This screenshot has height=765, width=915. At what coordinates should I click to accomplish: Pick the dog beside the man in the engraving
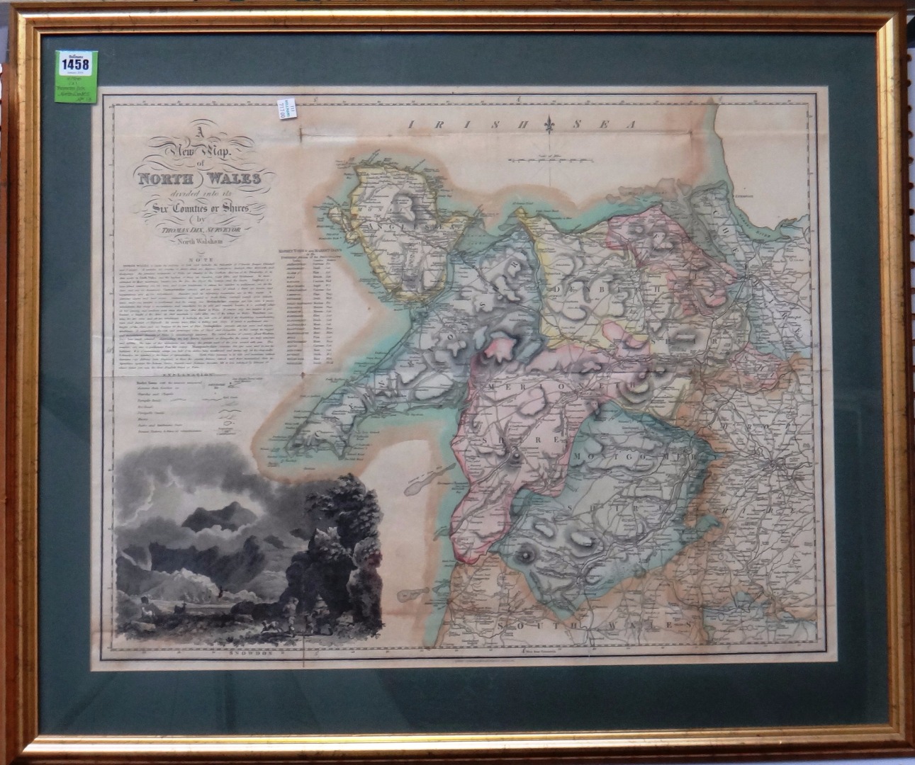[271, 626]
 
